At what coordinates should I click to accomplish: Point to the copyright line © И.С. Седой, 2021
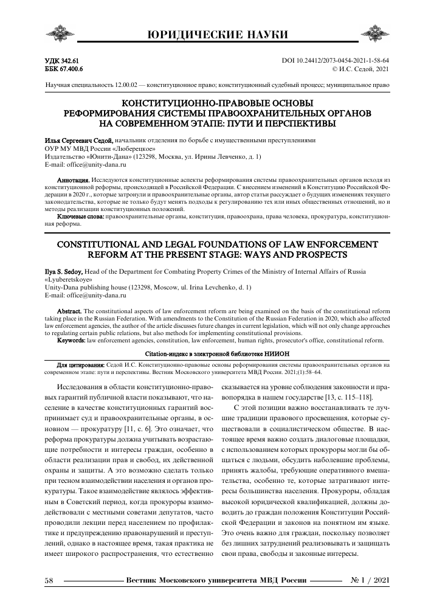click(357, 70)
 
